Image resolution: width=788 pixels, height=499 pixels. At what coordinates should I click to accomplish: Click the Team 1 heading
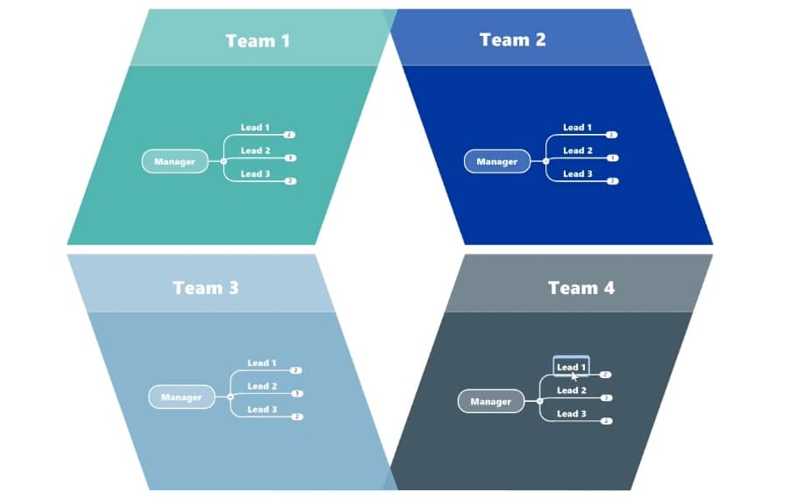coord(257,40)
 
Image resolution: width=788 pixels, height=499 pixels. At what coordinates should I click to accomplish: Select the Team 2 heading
coord(512,39)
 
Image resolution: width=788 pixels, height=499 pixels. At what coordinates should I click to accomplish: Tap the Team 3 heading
coord(205,287)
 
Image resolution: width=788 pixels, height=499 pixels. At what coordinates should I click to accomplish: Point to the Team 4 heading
coord(580,287)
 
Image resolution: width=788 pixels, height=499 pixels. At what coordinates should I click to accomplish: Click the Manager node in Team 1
coord(175,161)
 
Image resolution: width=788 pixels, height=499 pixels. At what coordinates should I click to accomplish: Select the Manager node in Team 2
coord(496,161)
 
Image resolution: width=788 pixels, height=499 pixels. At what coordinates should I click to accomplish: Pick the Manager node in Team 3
coord(181,397)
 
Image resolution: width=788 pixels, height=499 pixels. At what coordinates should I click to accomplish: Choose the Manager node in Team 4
coord(490,401)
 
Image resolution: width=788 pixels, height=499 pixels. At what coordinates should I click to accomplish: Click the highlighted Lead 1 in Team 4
coord(571,366)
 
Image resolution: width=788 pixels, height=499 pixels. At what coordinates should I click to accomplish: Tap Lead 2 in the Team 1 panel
coord(256,151)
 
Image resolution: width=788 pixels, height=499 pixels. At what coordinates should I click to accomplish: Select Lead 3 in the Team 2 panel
coord(577,173)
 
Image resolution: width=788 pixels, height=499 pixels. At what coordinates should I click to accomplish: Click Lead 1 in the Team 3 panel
coord(262,362)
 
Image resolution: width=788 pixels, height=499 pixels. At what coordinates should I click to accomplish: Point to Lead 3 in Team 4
coord(571,413)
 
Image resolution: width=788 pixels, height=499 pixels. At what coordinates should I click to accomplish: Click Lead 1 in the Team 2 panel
coord(577,127)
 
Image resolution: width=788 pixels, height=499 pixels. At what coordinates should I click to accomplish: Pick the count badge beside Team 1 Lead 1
coord(290,135)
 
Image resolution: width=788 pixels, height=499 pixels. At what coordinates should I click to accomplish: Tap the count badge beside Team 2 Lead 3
coord(612,181)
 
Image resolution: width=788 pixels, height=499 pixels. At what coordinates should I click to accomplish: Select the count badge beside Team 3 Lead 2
coord(297,394)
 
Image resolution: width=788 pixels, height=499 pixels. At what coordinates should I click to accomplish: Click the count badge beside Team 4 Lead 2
coord(606,397)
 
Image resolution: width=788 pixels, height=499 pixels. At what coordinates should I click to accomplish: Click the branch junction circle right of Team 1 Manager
coord(223,161)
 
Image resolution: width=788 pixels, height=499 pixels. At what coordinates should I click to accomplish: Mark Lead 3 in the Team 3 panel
coord(262,409)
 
